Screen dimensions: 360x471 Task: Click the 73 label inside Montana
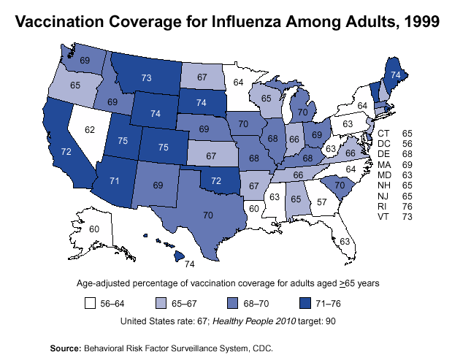146,77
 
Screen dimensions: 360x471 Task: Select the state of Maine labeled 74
395,74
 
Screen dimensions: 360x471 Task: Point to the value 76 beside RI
407,207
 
